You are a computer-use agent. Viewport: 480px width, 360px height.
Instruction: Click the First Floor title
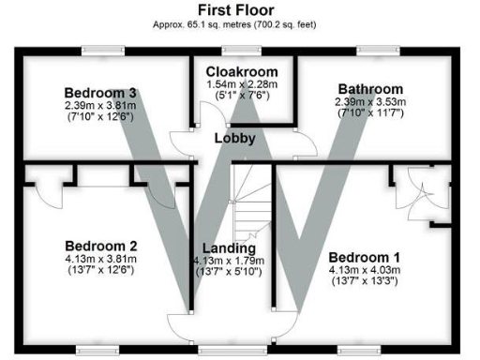(240, 9)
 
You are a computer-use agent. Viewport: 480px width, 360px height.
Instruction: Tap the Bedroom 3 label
(101, 93)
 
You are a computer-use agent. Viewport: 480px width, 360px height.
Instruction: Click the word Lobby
(235, 139)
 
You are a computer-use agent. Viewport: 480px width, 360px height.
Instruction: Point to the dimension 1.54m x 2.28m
(244, 83)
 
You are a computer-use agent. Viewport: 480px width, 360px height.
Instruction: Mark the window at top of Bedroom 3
(100, 50)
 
